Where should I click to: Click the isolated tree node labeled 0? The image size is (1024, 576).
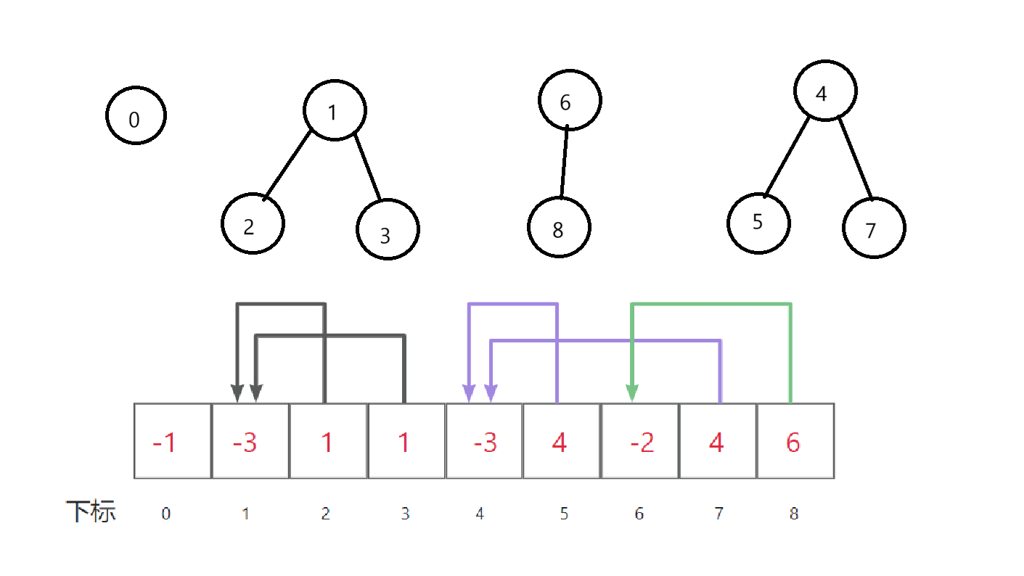(x=136, y=116)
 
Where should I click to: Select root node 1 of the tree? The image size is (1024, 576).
(x=334, y=111)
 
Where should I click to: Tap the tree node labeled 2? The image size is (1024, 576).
(x=252, y=223)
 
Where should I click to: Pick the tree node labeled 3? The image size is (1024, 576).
(x=388, y=229)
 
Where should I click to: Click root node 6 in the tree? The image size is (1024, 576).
(x=570, y=101)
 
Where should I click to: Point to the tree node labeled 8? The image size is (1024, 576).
(x=559, y=227)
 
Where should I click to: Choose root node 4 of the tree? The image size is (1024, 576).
(x=825, y=91)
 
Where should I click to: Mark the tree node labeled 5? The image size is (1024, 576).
(x=758, y=222)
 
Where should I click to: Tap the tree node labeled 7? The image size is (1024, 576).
(x=874, y=228)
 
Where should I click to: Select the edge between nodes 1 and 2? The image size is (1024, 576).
(x=288, y=165)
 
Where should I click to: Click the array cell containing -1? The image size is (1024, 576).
(x=173, y=441)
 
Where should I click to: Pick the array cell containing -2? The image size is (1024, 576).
(x=640, y=441)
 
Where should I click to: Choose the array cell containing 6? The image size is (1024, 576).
(x=795, y=441)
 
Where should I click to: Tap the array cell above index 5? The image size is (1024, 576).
(x=561, y=441)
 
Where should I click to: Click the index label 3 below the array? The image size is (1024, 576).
(x=405, y=514)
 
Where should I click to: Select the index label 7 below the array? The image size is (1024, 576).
(x=718, y=514)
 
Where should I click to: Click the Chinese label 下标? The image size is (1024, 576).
(x=91, y=512)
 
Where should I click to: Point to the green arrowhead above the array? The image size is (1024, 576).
(x=632, y=392)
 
